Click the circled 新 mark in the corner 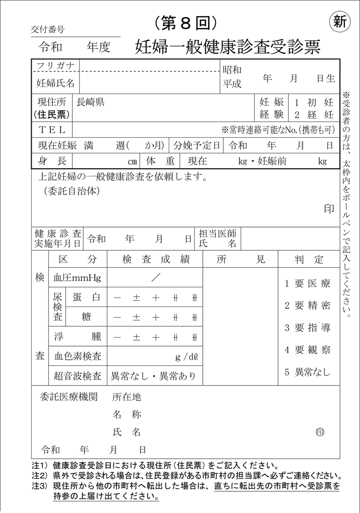340,22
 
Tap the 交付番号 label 48,30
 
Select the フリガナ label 55,66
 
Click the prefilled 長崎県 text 90,102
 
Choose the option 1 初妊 314,102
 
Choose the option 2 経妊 314,114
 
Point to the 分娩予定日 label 197,146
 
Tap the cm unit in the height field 132,162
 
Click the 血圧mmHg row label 77,277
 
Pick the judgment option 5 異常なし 308,372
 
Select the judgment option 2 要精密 308,305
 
